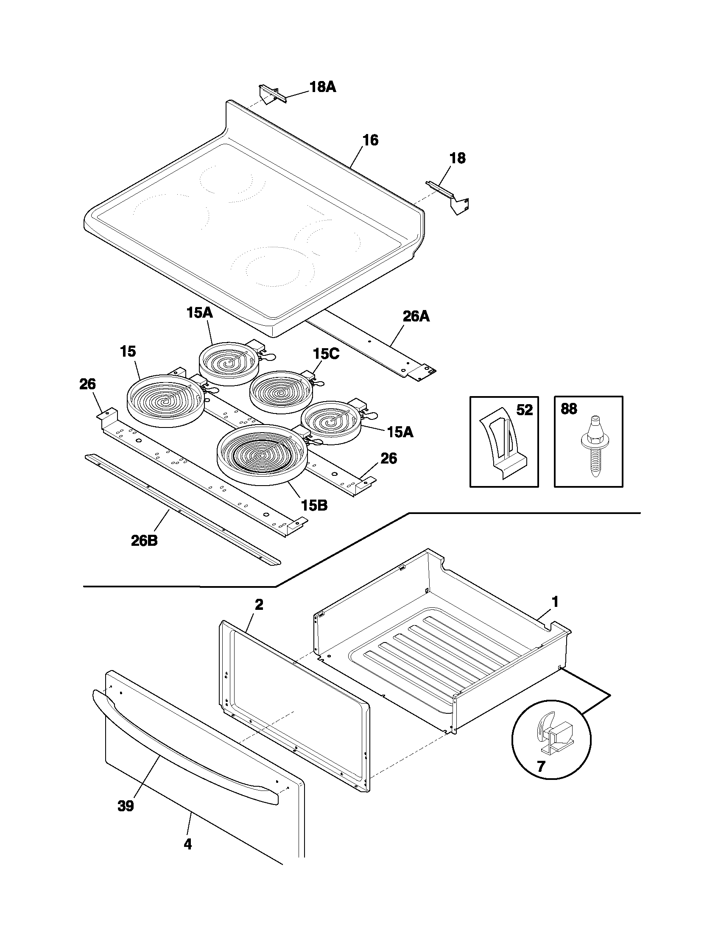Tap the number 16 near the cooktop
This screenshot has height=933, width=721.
tap(370, 140)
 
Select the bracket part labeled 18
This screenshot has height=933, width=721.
tap(450, 197)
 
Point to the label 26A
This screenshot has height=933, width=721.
tap(416, 316)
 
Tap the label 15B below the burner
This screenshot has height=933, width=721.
tap(314, 506)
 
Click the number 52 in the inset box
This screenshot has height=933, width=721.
tap(525, 410)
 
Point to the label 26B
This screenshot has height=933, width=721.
tap(144, 541)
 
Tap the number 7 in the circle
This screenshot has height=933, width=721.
tap(541, 767)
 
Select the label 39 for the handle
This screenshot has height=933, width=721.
tap(126, 806)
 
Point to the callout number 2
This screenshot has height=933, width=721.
tap(259, 604)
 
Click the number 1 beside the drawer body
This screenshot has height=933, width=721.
tap(554, 602)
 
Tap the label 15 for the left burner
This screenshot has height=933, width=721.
tap(128, 352)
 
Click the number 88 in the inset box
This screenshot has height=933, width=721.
tap(568, 409)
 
